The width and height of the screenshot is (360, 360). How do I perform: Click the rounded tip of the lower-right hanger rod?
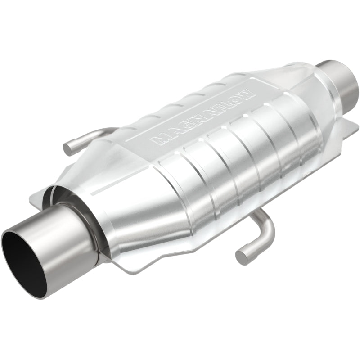point(241,256)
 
